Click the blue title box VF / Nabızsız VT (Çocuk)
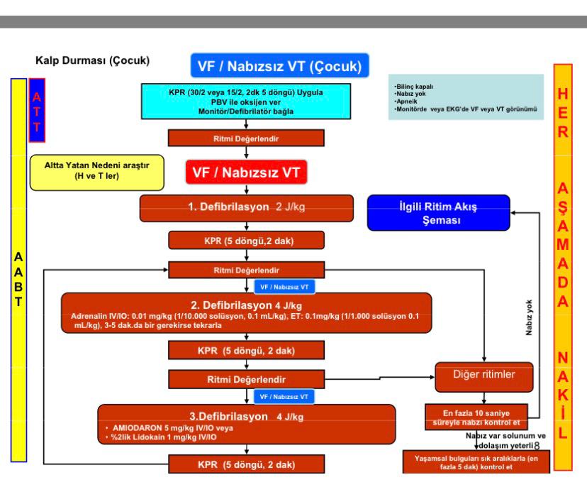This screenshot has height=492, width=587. pos(279,65)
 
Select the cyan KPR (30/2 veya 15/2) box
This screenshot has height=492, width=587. pos(246,102)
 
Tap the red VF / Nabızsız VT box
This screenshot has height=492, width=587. pos(246,172)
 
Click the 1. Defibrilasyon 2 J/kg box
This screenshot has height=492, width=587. pos(246,208)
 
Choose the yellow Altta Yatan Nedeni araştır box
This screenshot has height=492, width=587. pos(97,173)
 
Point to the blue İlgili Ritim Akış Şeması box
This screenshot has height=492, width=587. pos(438,212)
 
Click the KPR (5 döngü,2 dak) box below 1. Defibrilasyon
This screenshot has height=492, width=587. pos(246,241)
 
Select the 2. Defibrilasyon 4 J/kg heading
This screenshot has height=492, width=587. pos(246,305)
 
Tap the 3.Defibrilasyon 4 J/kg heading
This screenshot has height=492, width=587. pos(246,416)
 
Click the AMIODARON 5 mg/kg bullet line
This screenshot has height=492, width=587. pos(169,428)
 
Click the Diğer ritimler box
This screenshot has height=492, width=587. pos(484,377)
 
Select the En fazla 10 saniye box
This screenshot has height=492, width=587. pos(476,417)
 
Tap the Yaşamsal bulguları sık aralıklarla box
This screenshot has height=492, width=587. pos(476,462)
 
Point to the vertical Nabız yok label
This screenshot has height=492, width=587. pos(529,317)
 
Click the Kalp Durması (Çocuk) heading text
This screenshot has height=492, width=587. pos(92,60)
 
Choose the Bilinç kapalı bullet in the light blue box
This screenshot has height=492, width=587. pos(414,87)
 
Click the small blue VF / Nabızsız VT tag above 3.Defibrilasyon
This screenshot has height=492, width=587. pos(284,397)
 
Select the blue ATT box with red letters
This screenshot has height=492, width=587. pos(37,110)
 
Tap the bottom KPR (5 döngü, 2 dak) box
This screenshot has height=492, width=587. pos(246,464)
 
